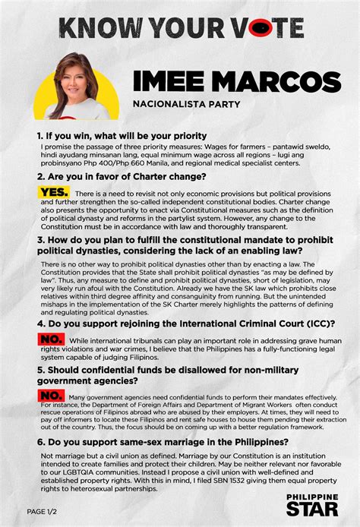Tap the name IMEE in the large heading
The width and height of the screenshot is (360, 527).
pos(169,81)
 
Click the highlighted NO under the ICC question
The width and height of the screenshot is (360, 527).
pos(50,339)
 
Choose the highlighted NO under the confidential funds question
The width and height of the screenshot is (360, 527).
pos(50,396)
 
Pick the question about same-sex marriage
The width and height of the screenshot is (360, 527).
pos(163,440)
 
